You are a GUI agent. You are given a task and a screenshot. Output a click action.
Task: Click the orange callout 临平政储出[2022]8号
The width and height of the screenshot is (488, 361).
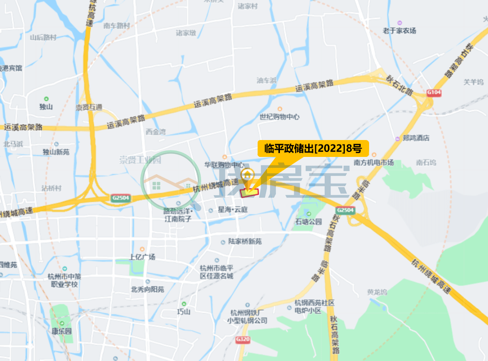(x=313, y=148)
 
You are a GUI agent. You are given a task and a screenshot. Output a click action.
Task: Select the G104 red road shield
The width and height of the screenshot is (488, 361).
(x=434, y=93)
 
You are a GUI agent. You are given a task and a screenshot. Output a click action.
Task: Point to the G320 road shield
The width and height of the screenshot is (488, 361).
(x=242, y=339)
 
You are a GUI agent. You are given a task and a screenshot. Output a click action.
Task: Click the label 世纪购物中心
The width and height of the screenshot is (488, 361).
(x=279, y=117)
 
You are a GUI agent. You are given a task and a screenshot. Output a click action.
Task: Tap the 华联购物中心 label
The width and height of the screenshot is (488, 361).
(x=225, y=164)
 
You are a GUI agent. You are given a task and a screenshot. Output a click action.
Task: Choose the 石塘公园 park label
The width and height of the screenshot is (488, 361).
(x=308, y=221)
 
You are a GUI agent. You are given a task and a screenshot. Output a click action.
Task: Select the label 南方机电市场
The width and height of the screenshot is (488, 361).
(x=374, y=162)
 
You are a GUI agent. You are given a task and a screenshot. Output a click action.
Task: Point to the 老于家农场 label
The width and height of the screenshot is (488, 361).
(x=399, y=31)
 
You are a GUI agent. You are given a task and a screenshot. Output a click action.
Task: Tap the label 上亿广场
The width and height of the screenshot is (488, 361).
(x=142, y=257)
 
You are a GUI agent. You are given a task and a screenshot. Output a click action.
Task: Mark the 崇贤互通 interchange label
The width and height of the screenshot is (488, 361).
(x=89, y=107)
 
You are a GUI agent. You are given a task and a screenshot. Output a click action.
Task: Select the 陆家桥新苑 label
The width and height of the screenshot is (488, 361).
(x=245, y=242)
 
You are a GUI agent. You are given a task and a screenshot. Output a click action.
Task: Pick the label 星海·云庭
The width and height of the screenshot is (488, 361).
(x=232, y=210)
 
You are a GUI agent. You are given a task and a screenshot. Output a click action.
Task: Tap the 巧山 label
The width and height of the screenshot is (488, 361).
(x=183, y=311)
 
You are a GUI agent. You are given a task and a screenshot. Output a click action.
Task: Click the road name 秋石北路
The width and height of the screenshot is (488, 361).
(x=400, y=78)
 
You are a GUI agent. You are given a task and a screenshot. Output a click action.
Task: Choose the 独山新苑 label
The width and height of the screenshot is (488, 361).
(x=56, y=152)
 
